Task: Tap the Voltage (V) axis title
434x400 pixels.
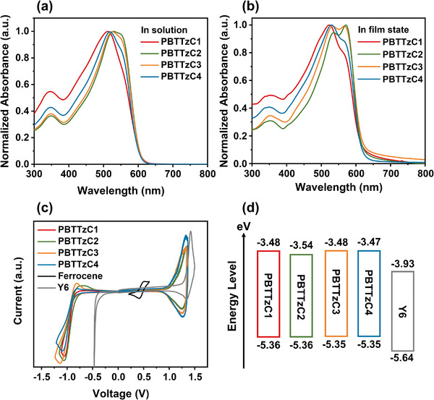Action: coord(121,393)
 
